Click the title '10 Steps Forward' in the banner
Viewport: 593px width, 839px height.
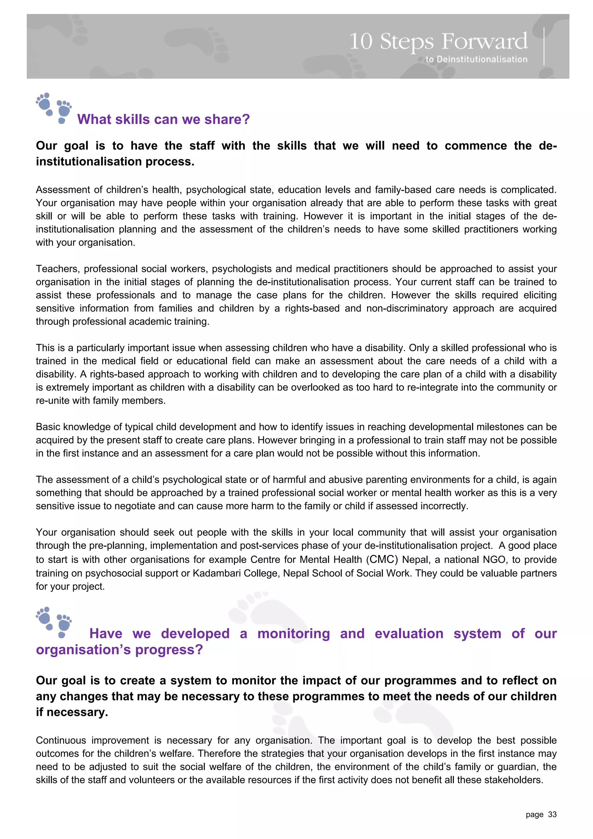pos(438,41)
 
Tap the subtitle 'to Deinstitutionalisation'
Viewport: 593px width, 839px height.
pos(476,59)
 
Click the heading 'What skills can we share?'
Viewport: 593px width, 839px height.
pos(163,120)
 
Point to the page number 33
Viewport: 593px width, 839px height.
pos(552,814)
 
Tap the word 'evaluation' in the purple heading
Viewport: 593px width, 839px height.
pos(409,634)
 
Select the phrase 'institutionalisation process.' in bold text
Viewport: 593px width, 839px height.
pos(115,162)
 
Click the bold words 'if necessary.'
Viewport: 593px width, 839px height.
pos(72,712)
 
